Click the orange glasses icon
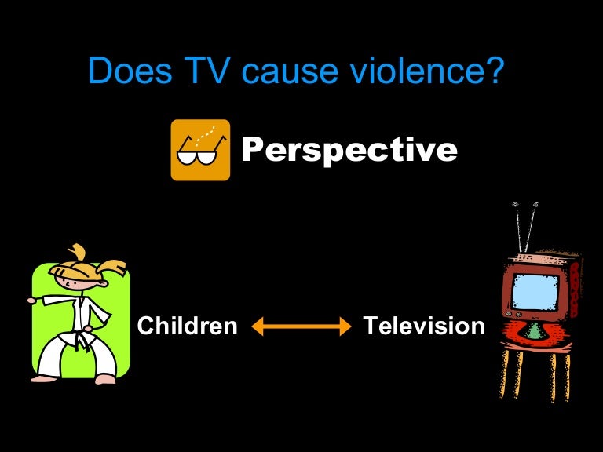tap(200, 150)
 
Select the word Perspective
tap(349, 149)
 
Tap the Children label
tap(187, 326)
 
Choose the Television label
tap(424, 326)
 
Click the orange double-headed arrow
tap(301, 326)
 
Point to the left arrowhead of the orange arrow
tap(257, 326)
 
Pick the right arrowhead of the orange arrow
tap(345, 326)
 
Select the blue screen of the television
tap(535, 290)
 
